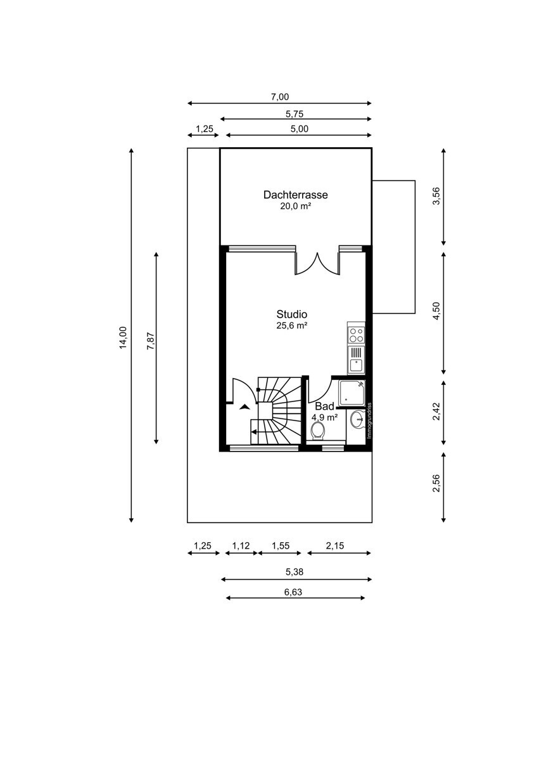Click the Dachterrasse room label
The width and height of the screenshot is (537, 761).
296,195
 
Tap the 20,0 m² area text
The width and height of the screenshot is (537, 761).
296,206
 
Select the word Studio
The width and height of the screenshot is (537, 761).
292,314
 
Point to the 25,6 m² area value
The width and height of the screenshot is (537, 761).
292,325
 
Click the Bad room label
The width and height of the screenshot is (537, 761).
325,407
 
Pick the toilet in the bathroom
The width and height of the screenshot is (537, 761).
319,431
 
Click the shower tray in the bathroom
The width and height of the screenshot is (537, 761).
352,394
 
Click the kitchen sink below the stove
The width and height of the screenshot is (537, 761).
356,360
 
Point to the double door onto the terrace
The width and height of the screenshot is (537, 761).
317,264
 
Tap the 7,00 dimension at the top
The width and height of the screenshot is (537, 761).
280,97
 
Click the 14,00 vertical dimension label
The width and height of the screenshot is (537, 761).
123,337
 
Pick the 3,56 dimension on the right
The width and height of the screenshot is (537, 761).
436,196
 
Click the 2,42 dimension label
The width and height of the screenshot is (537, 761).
436,412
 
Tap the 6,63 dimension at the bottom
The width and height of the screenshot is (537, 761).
293,592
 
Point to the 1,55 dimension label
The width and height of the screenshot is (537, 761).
280,545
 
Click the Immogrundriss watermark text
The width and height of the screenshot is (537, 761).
369,420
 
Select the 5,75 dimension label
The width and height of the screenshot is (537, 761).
294,114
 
